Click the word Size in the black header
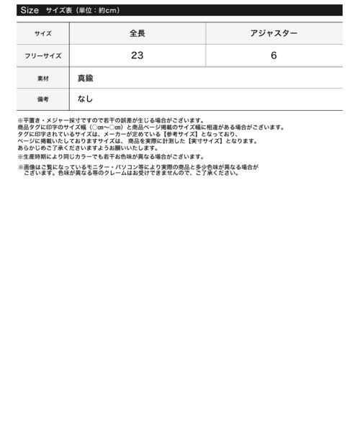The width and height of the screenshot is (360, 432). pyautogui.click(x=29, y=11)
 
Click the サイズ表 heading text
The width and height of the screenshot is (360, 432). pyautogui.click(x=60, y=11)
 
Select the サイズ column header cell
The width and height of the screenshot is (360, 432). pyautogui.click(x=42, y=34)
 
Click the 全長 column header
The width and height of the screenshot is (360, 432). pyautogui.click(x=137, y=34)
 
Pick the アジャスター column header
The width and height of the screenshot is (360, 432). pyautogui.click(x=274, y=34)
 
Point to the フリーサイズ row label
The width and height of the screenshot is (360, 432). pyautogui.click(x=42, y=55)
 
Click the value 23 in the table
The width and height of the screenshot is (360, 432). pyautogui.click(x=137, y=55)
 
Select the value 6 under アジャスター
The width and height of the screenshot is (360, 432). pyautogui.click(x=274, y=55)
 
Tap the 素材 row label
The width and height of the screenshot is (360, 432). pyautogui.click(x=42, y=77)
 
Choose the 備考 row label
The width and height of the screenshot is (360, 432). pyautogui.click(x=42, y=99)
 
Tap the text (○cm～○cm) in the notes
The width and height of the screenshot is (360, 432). pyautogui.click(x=106, y=127)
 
